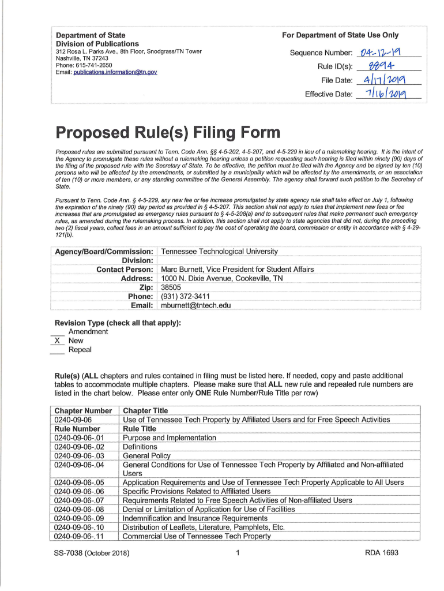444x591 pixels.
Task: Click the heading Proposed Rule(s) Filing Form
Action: pos(167,133)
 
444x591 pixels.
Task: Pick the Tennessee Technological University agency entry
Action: pos(219,252)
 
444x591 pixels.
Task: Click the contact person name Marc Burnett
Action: pos(183,270)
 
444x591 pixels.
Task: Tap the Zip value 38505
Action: pos(171,287)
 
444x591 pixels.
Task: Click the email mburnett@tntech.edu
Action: pos(195,305)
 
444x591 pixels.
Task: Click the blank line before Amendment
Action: pos(58,332)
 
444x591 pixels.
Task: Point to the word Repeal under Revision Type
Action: pos(80,350)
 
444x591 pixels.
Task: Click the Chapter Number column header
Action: pos(83,410)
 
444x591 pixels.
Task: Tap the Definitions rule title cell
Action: pos(140,447)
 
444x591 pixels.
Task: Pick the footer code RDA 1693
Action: pos(382,553)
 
